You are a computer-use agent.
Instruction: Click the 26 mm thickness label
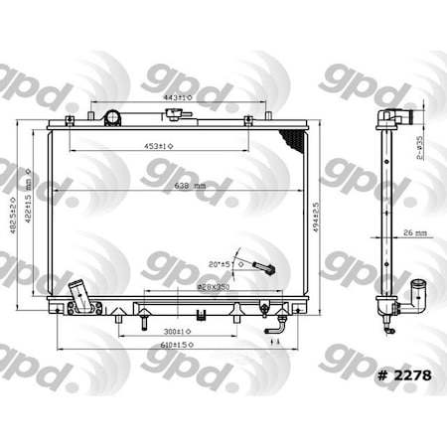point(415,234)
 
